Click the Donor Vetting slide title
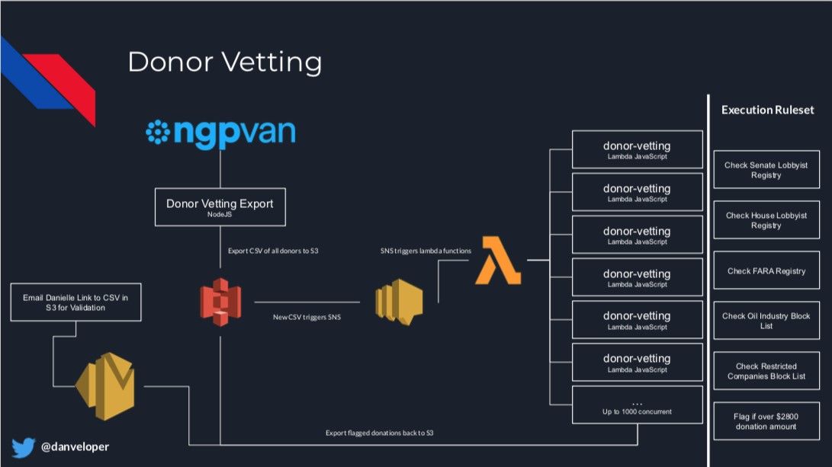224,62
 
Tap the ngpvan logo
220,133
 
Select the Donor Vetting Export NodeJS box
220,207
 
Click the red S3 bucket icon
220,302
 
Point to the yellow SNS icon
399,302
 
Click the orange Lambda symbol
498,261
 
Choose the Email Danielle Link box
75,302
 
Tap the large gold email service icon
105,386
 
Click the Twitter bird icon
24,447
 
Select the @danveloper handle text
75,447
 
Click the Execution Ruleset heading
767,110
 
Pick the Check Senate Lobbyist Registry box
766,170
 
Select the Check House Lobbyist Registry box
766,220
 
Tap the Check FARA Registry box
766,270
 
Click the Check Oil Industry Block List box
766,321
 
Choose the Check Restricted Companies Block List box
766,371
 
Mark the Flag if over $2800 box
766,421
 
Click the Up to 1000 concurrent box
638,405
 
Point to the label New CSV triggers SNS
307,317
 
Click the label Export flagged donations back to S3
379,433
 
